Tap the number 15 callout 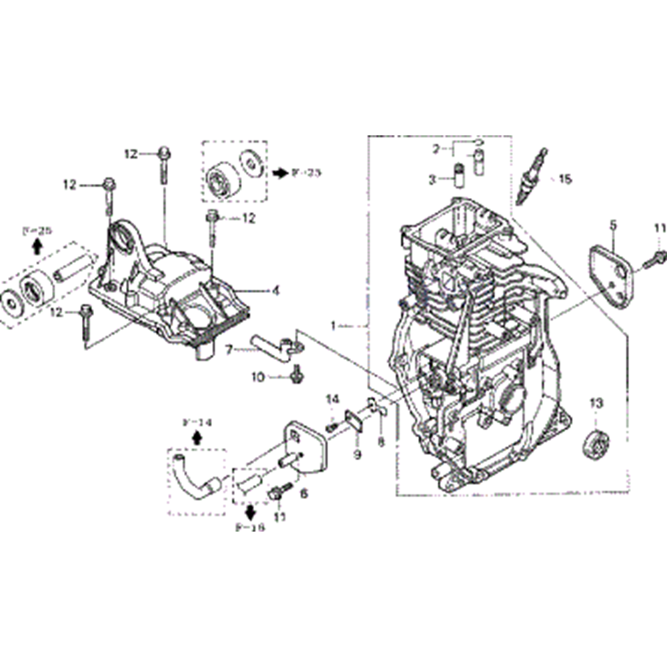pos(565,179)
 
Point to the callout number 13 pos(595,402)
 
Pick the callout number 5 pos(612,226)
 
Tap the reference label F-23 pos(306,173)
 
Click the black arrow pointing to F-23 pos(279,173)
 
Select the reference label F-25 pos(36,231)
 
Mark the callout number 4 pos(275,290)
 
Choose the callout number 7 pos(228,348)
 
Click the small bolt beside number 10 pos(293,377)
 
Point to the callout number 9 pos(358,454)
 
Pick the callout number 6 pos(304,493)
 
